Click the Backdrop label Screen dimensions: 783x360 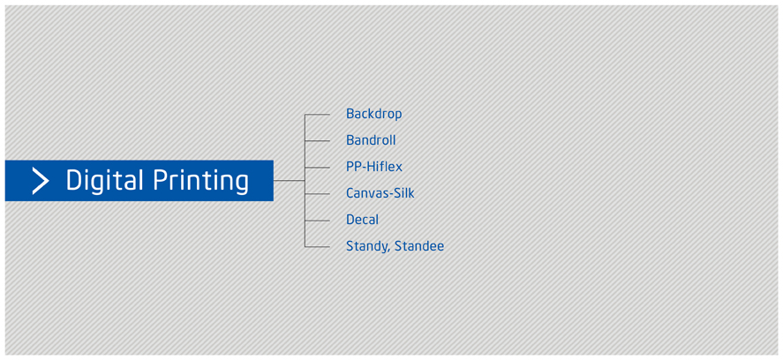click(x=374, y=114)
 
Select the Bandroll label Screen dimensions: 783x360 click(x=371, y=140)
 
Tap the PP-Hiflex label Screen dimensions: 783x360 click(x=374, y=167)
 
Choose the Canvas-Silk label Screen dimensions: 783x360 click(x=380, y=193)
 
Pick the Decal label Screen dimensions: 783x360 click(x=363, y=220)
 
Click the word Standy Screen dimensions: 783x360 click(x=367, y=246)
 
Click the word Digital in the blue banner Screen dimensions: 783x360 click(x=105, y=181)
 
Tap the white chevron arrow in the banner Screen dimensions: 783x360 click(x=41, y=181)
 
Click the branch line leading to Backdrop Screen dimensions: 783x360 click(x=317, y=115)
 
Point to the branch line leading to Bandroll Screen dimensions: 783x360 click(x=317, y=141)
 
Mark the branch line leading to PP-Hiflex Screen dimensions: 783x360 click(x=317, y=168)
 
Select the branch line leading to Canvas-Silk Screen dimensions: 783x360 click(x=317, y=194)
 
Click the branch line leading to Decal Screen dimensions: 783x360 click(x=317, y=221)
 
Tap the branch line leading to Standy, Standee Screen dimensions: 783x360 click(x=317, y=247)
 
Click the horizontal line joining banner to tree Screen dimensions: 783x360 click(x=290, y=180)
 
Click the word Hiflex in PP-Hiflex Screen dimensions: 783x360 click(x=385, y=167)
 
